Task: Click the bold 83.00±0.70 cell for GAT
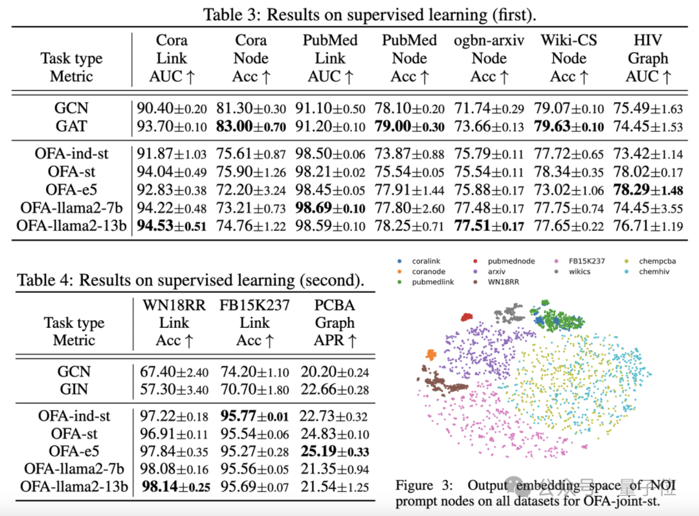[x=250, y=127]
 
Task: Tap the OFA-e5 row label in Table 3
[x=72, y=189]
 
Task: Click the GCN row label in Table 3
[x=72, y=109]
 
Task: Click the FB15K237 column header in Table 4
[x=254, y=305]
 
